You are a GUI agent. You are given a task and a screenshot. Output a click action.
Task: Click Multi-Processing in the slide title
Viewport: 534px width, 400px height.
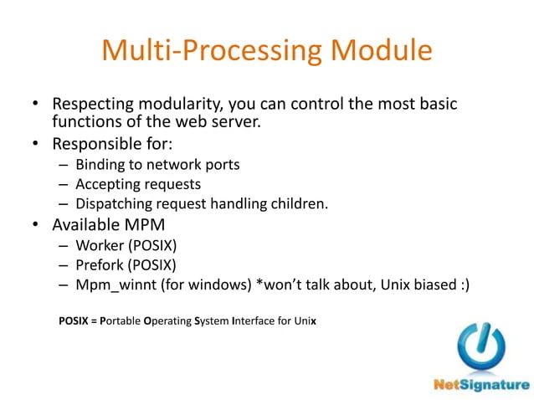[x=213, y=51]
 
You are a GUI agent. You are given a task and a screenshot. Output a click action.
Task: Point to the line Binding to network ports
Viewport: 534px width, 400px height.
[x=157, y=164]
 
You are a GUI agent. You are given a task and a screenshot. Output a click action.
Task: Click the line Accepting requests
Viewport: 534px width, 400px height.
[x=137, y=183]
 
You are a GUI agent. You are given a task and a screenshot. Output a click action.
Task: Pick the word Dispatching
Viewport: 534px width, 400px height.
[x=114, y=204]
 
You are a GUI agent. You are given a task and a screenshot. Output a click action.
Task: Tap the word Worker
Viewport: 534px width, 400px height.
[x=99, y=246]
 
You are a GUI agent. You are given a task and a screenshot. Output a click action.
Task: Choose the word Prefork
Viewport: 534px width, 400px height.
[x=100, y=266]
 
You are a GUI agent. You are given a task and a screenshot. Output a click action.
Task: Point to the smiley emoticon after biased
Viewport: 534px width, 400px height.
[x=463, y=286]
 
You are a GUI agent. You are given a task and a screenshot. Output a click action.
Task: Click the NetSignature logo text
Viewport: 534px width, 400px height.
[x=481, y=385]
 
